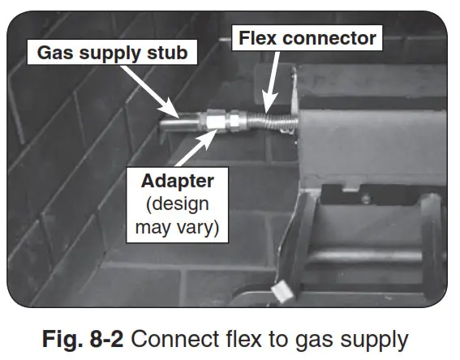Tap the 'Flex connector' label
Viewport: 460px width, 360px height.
click(306, 37)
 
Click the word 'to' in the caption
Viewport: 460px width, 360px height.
click(272, 338)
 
